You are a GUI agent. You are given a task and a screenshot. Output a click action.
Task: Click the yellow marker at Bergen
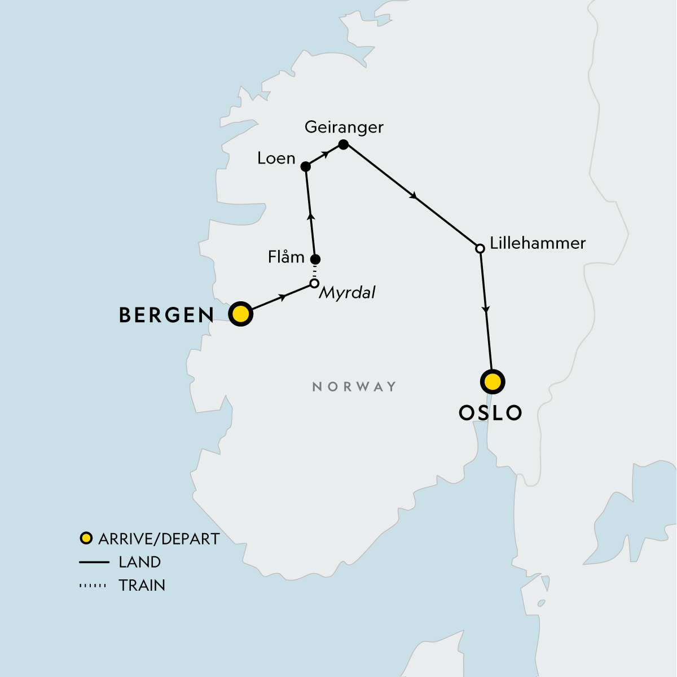240,314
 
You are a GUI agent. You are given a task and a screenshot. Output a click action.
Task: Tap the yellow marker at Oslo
493,382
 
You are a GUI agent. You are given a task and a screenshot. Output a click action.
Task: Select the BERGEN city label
166,315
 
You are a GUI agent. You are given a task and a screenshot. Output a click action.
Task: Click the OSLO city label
490,413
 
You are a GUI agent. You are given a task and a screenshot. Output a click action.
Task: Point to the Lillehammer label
538,243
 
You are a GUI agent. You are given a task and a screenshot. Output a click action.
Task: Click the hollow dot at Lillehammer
480,248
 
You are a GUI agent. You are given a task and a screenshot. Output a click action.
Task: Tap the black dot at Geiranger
343,144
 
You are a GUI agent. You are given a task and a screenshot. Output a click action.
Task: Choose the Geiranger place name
344,127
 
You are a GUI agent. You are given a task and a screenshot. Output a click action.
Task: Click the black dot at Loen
305,166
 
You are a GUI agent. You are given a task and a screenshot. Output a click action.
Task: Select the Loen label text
276,159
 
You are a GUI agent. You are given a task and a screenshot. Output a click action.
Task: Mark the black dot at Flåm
316,260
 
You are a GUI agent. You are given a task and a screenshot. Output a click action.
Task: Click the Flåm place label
286,257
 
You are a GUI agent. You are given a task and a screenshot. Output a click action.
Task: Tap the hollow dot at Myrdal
314,283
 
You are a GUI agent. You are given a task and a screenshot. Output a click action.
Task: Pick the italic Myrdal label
347,293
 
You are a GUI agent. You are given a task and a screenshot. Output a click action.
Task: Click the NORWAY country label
354,386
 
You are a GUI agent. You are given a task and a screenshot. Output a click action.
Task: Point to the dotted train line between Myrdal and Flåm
315,271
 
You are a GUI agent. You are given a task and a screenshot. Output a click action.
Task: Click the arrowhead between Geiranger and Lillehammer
415,197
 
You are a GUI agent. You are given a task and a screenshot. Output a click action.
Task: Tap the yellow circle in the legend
86,538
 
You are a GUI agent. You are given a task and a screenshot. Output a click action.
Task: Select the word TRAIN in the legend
142,586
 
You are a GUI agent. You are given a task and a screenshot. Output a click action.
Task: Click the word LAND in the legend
140,562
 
